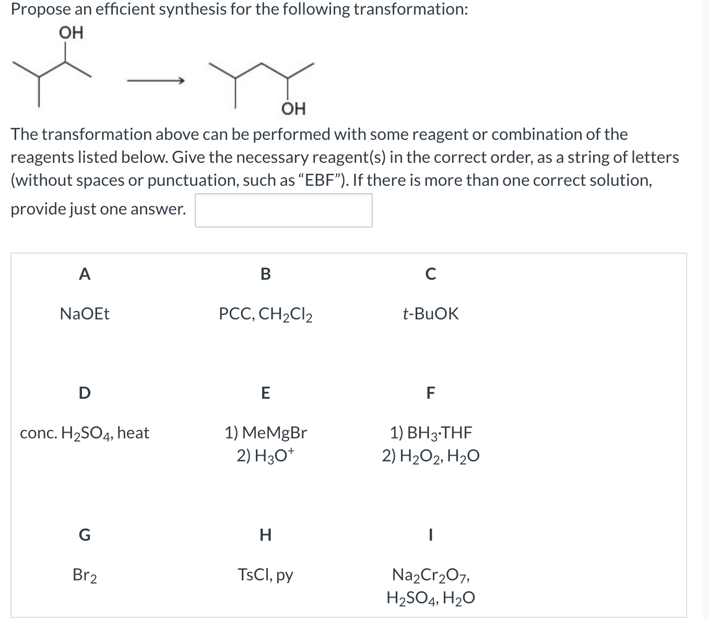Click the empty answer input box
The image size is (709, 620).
point(283,210)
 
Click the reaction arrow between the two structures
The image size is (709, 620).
point(156,81)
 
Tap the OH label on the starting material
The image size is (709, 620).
point(71,33)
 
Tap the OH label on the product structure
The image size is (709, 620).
point(293,109)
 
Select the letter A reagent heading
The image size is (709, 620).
point(84,273)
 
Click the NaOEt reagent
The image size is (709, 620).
point(85,314)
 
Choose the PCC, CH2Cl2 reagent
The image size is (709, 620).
point(266,314)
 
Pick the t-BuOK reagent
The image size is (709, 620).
point(431,314)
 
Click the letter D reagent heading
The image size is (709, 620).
point(84,392)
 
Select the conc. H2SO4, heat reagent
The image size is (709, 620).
point(85,433)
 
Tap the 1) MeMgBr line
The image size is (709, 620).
point(266,433)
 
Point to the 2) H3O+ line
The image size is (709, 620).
point(266,456)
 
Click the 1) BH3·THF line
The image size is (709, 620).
point(431,433)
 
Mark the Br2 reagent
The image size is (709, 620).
point(85,575)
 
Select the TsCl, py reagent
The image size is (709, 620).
point(266,575)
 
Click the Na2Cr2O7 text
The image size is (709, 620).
point(431,575)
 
